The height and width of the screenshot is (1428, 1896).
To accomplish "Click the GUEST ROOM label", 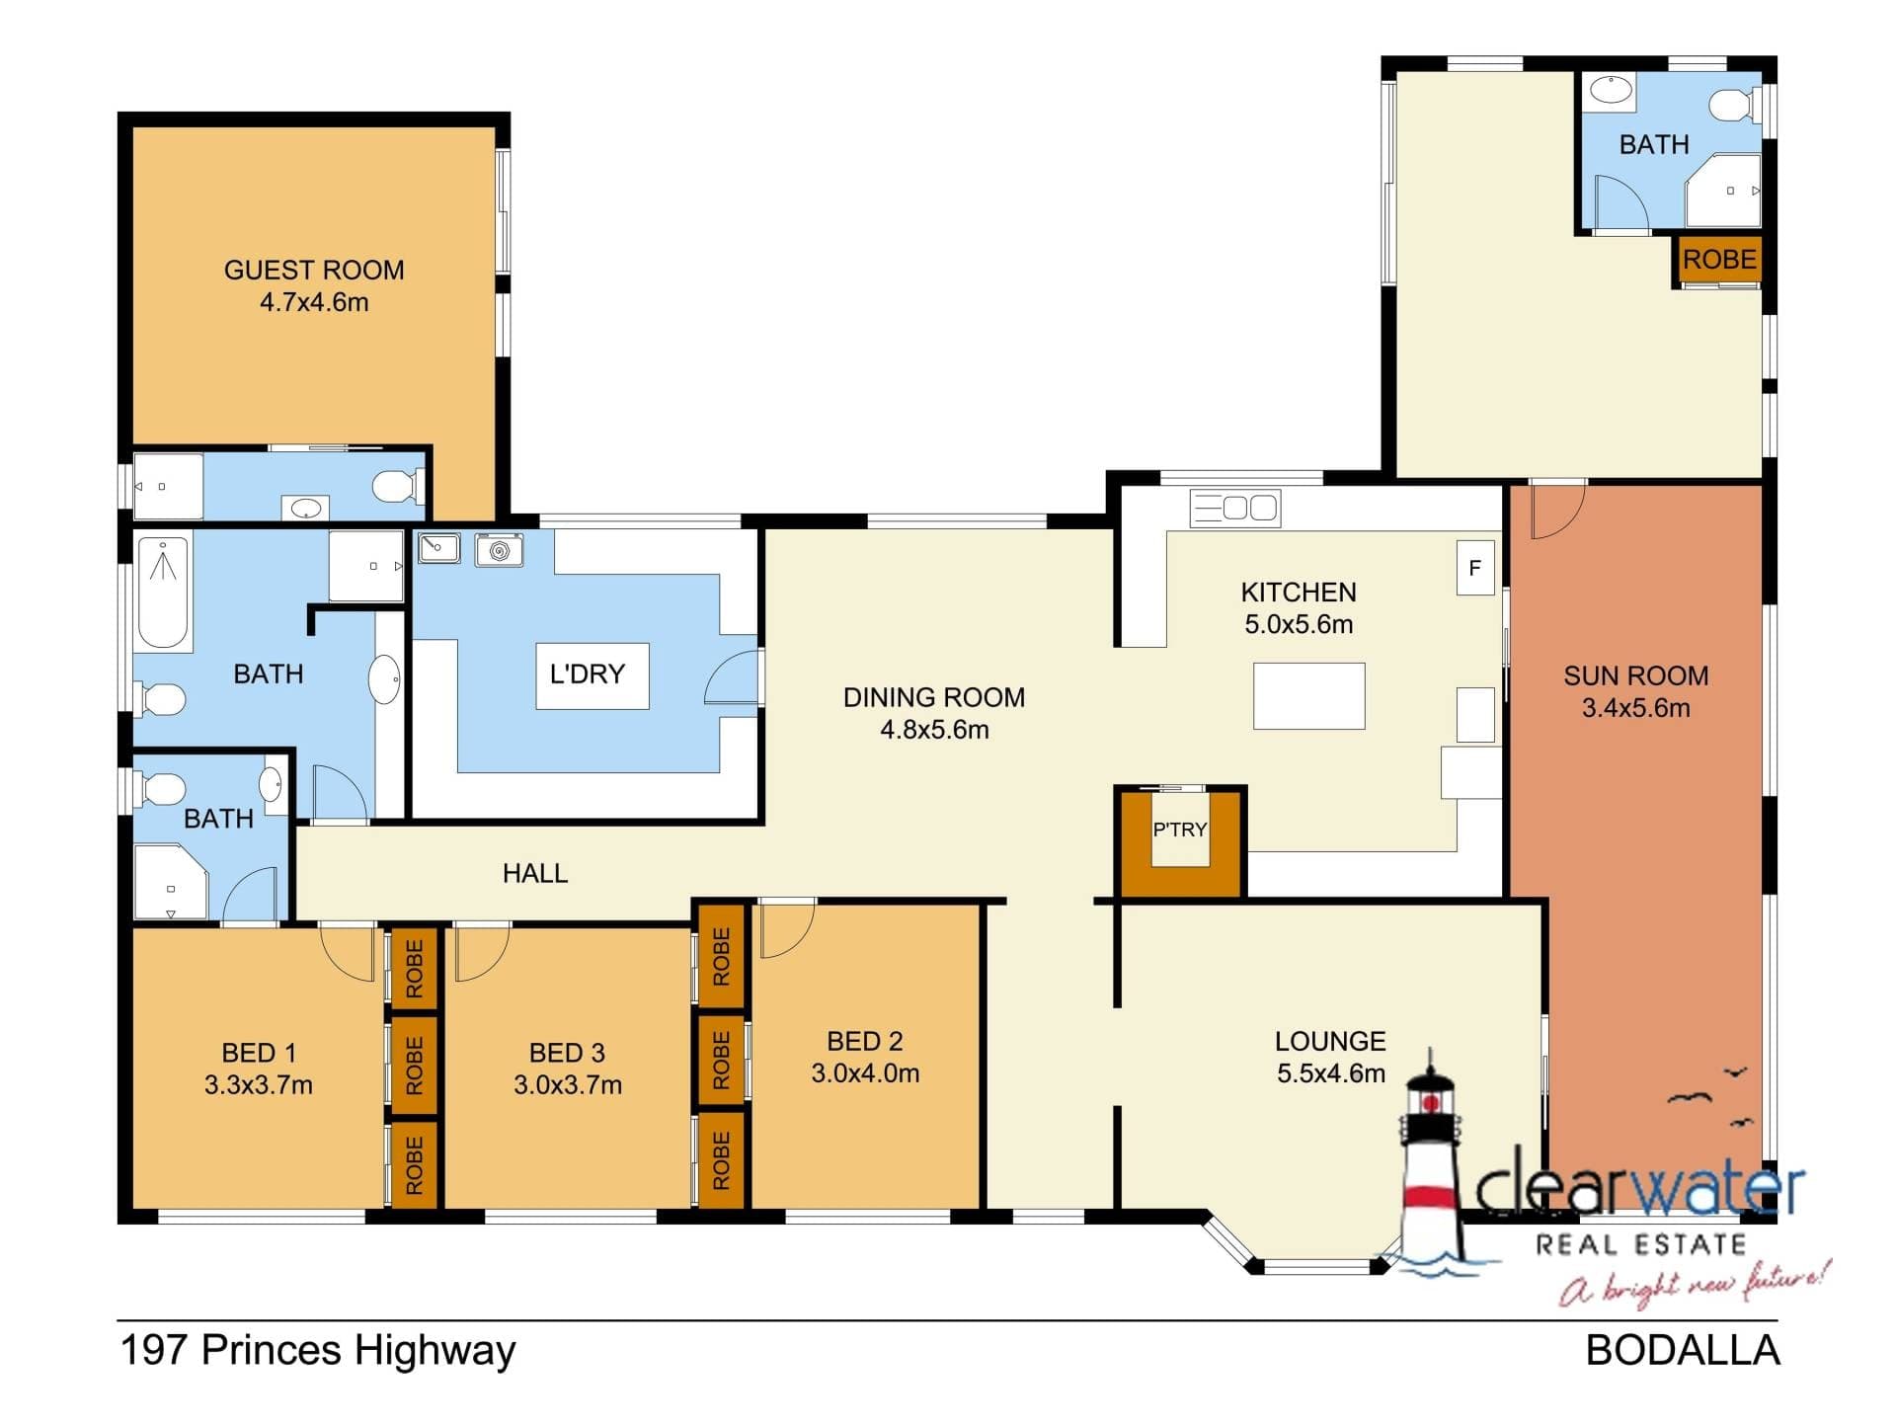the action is [x=314, y=270].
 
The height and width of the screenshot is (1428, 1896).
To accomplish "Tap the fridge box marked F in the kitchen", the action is [x=1475, y=568].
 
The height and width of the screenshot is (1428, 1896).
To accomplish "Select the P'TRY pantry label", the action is [x=1180, y=830].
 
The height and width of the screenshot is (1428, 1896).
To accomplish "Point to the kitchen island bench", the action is [x=1309, y=696].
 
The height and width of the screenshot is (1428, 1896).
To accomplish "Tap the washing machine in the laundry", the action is [x=500, y=550].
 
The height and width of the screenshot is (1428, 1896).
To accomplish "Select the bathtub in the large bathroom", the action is [x=163, y=592].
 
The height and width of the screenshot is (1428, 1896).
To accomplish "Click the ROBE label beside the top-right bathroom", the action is [x=1719, y=260].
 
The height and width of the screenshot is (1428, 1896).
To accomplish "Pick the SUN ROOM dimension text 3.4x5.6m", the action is [x=1636, y=708].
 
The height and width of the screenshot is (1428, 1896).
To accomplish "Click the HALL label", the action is [x=535, y=873].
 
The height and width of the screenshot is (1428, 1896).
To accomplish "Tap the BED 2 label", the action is [x=865, y=1041].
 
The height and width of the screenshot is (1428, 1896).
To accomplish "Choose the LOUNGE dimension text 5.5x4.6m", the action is [x=1331, y=1073].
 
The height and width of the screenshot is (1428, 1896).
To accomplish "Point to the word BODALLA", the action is [x=1683, y=1351].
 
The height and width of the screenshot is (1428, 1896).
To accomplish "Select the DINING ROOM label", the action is [x=934, y=697].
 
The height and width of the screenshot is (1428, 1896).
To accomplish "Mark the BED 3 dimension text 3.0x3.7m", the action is [x=568, y=1085].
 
